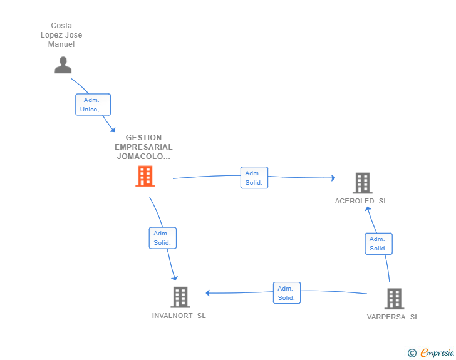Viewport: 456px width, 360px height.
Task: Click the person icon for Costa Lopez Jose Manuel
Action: pos(63,65)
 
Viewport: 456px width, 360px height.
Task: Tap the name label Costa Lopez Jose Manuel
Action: pos(61,36)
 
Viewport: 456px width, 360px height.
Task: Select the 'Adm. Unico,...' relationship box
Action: pos(93,105)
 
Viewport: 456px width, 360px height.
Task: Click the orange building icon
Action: pos(145,177)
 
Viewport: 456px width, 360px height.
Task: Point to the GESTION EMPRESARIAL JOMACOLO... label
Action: pos(143,147)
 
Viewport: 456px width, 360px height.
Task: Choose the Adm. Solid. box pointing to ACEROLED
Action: pos(254,178)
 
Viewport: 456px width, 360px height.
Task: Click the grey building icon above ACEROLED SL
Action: pos(362,183)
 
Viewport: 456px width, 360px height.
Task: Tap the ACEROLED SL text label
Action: pos(361,201)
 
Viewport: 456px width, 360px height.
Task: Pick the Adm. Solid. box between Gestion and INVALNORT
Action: pos(162,238)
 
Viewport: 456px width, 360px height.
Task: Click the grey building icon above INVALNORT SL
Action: pos(180,297)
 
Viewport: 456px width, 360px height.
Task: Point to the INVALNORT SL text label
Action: pos(179,316)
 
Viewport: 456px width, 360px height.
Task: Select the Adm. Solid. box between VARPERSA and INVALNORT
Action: pos(286,293)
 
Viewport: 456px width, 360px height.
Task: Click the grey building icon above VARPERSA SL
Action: pos(393,299)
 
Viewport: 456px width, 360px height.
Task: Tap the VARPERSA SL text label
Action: pos(393,317)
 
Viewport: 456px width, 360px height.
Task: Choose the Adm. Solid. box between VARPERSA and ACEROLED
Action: pos(378,244)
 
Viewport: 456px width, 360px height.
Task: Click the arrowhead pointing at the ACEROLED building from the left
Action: pos(333,178)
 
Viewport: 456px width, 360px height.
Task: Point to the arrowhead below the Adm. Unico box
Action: pos(112,130)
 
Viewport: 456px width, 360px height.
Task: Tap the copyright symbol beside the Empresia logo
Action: pos(412,353)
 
